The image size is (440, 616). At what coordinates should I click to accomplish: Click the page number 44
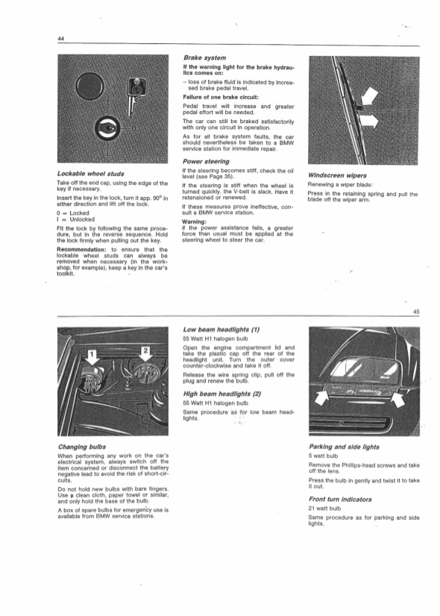pyautogui.click(x=60, y=39)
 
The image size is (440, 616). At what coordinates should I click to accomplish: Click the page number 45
pyautogui.click(x=416, y=312)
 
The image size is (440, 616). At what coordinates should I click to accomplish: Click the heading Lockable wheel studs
pyautogui.click(x=91, y=174)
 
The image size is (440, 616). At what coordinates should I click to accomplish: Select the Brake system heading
pyautogui.click(x=204, y=57)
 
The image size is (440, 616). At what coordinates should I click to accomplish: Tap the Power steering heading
pyautogui.click(x=207, y=162)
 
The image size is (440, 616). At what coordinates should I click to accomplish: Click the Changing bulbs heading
pyautogui.click(x=82, y=447)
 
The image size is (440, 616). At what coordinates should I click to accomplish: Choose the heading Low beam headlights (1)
pyautogui.click(x=221, y=330)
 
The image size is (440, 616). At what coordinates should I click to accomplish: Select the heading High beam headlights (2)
pyautogui.click(x=222, y=394)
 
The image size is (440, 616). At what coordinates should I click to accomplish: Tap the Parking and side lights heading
pyautogui.click(x=344, y=447)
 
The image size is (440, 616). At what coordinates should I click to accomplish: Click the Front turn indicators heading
pyautogui.click(x=340, y=500)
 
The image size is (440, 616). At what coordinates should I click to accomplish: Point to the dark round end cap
pyautogui.click(x=90, y=85)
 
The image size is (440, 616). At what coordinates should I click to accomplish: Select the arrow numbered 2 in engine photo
pyautogui.click(x=145, y=355)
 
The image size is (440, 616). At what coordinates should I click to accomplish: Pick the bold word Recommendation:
pyautogui.click(x=82, y=250)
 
